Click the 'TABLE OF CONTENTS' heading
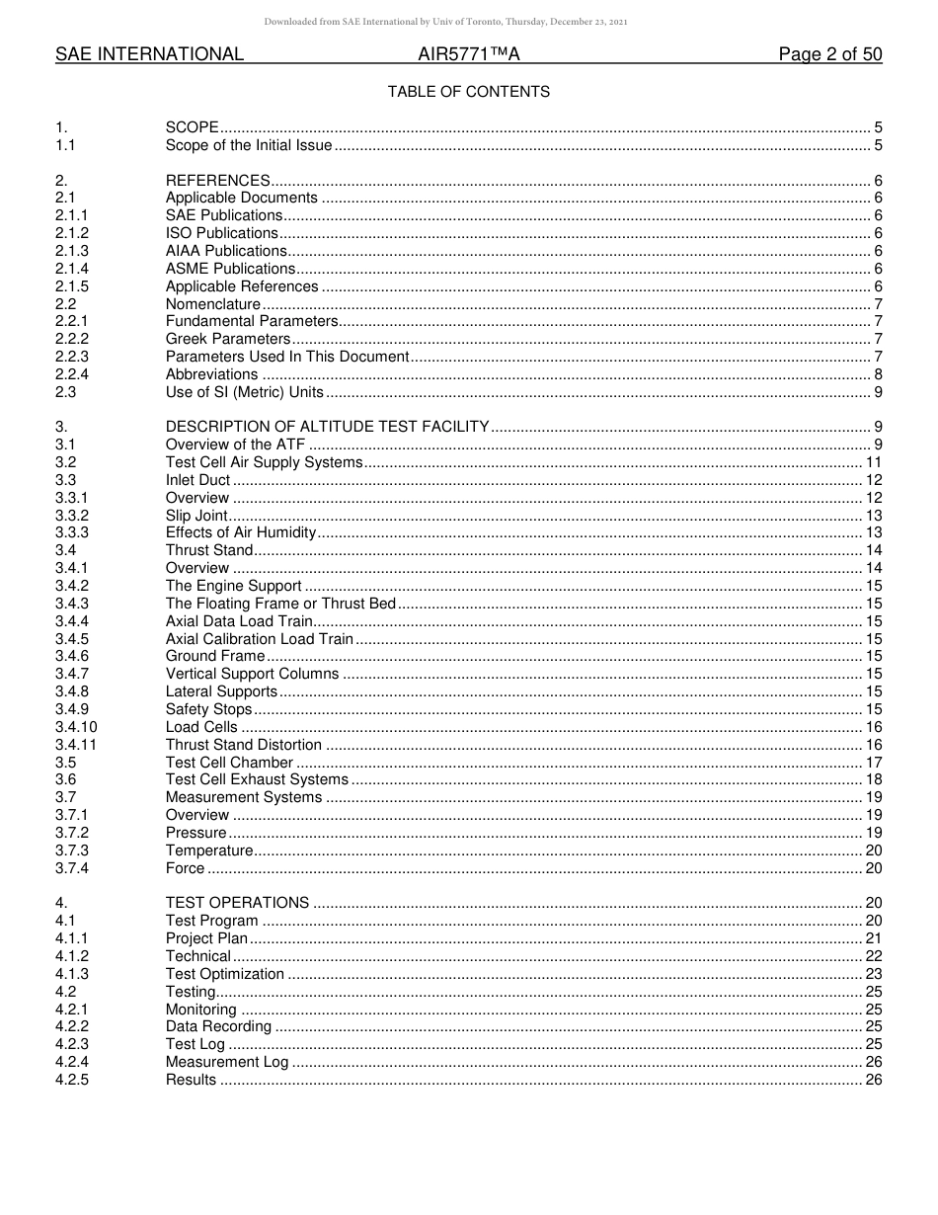468,92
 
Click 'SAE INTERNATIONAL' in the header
149,55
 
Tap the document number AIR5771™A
468,55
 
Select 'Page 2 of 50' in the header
829,55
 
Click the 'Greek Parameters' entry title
227,340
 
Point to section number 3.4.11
76,745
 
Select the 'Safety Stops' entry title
208,709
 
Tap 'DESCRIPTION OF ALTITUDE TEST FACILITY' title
327,427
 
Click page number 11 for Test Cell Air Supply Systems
873,462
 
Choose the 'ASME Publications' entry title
230,269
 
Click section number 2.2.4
72,374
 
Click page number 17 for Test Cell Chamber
873,763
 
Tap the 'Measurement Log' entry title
227,1062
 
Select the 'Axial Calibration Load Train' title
259,639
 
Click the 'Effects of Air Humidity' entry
241,533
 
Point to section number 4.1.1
72,938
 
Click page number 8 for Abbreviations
878,374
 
